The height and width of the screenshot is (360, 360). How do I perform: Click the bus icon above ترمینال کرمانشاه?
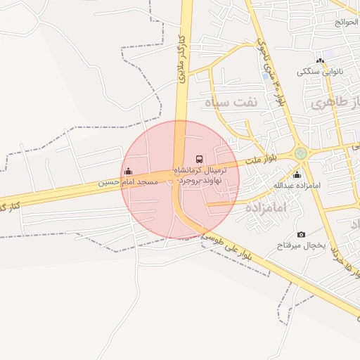pos(199,160)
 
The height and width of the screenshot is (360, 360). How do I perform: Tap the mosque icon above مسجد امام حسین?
pos(128,171)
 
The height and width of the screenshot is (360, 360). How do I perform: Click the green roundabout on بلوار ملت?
pos(301,153)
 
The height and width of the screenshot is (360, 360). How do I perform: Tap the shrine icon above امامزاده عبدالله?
pos(297,174)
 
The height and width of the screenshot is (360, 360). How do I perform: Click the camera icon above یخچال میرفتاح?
pos(301,234)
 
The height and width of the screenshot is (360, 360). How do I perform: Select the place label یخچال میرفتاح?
pos(298,245)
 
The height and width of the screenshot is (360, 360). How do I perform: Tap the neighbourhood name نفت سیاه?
pos(231,103)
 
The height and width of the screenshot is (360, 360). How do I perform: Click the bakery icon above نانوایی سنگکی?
pos(320,61)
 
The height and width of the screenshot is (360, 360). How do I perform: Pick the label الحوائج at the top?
pos(346,22)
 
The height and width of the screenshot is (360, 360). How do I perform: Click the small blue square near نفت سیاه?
pos(265,75)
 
